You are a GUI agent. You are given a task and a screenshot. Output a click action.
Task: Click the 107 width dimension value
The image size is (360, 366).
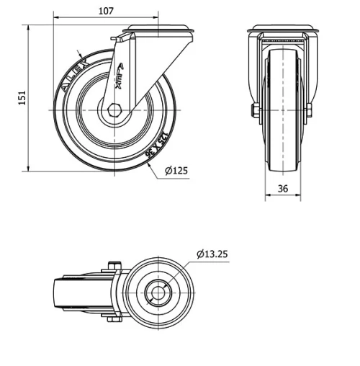click(x=106, y=12)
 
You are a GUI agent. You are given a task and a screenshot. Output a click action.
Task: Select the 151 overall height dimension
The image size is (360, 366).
click(x=22, y=96)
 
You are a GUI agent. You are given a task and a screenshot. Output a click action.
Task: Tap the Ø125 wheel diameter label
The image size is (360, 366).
click(x=176, y=171)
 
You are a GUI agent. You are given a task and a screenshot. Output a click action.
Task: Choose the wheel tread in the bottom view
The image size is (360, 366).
click(x=65, y=292)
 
